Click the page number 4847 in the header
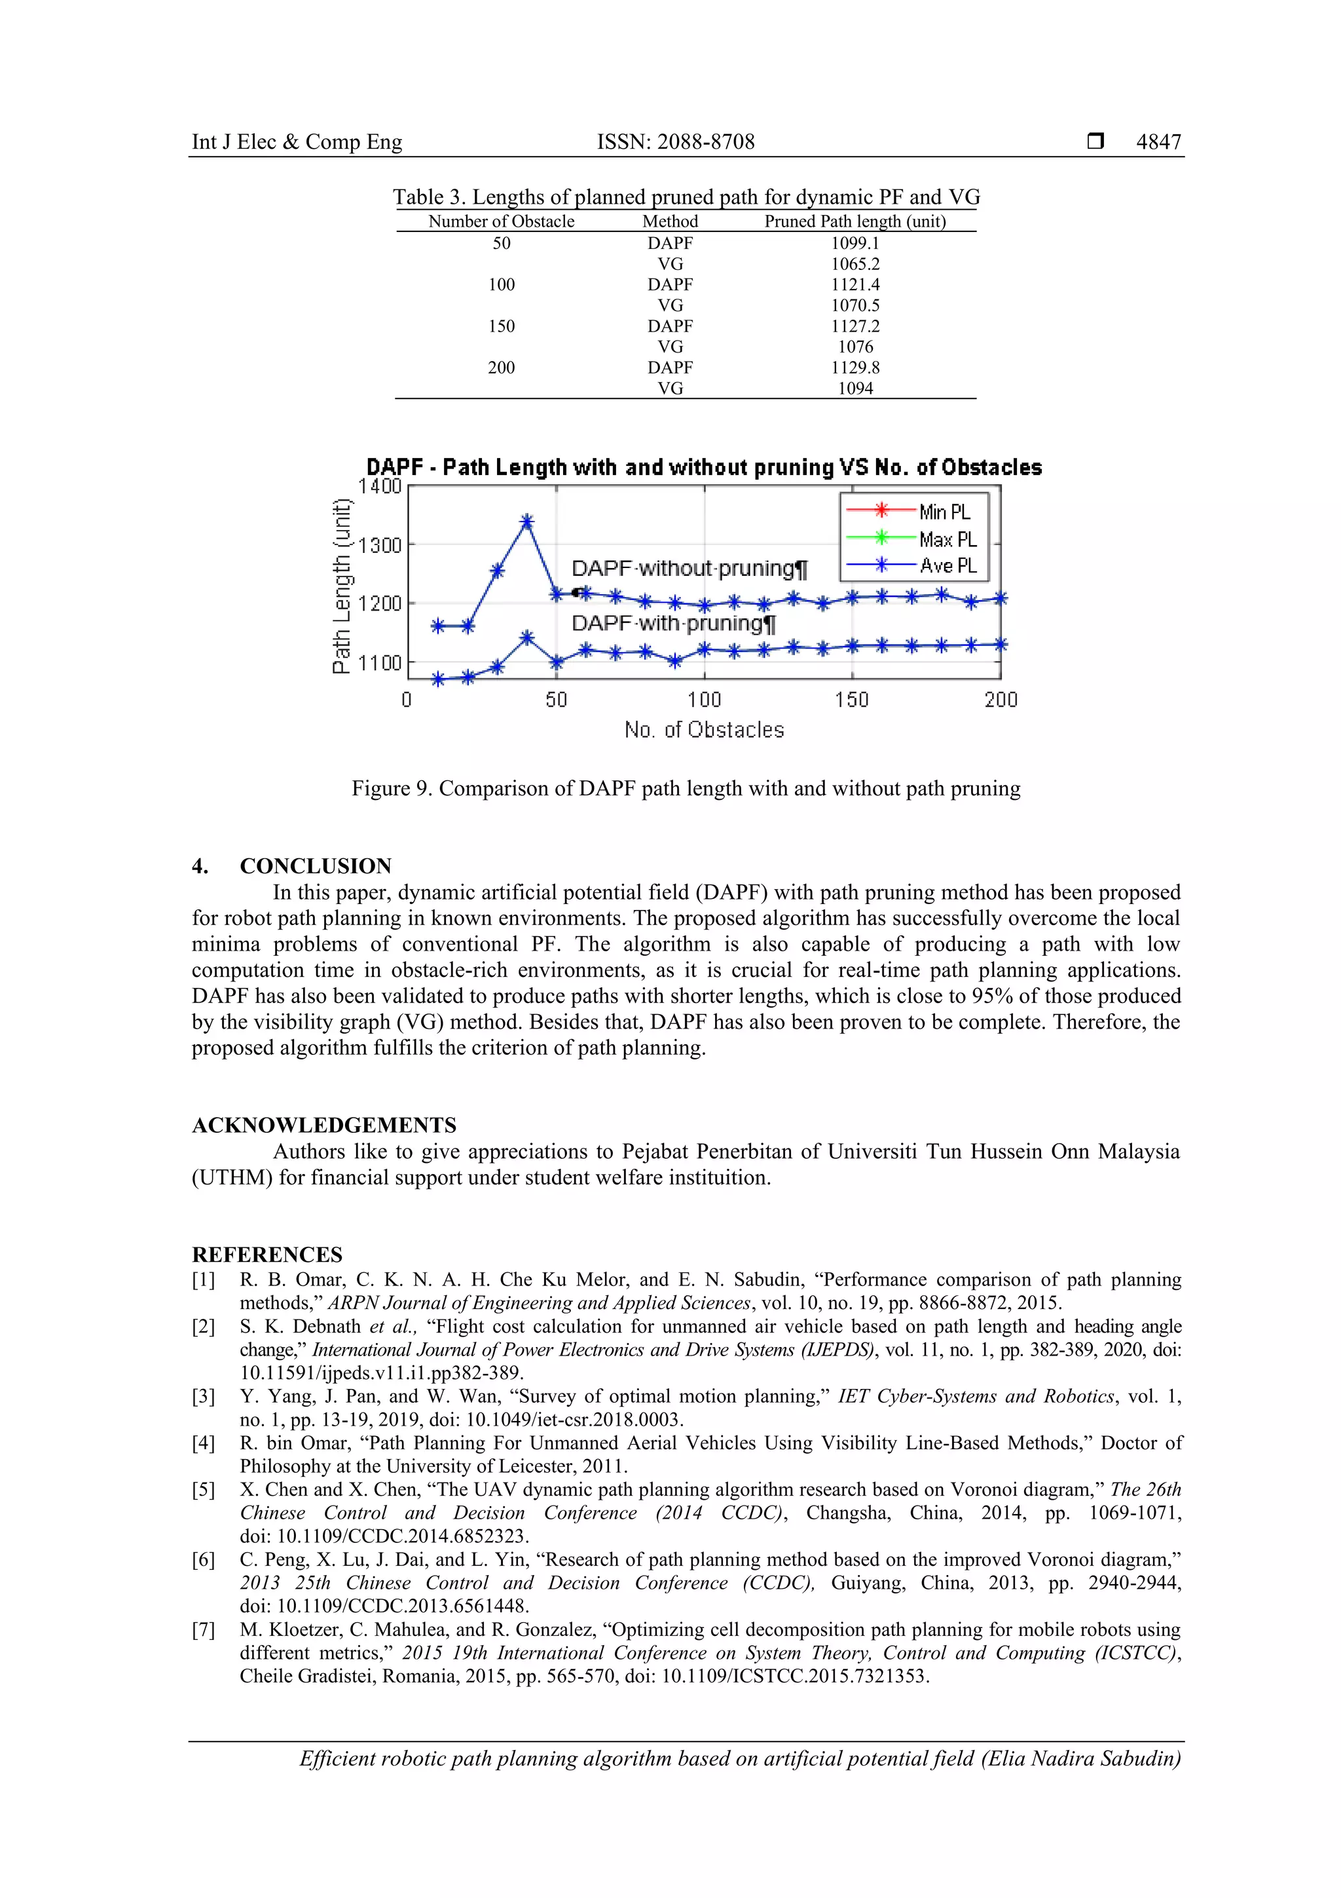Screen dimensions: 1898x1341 (1158, 142)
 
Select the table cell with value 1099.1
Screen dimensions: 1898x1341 (854, 243)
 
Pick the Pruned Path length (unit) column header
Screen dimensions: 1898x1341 (854, 221)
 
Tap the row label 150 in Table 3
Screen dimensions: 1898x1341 (501, 326)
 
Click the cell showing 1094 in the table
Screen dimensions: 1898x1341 (854, 389)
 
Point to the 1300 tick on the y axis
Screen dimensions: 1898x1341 (379, 544)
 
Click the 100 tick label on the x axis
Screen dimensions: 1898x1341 (704, 700)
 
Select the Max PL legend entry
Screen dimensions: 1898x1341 (947, 539)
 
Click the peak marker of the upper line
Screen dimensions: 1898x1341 (527, 522)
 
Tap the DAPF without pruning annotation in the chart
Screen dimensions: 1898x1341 (688, 569)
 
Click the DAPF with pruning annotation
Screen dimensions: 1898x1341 (672, 623)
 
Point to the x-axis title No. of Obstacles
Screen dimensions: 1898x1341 (704, 730)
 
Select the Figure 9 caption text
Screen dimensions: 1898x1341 (686, 789)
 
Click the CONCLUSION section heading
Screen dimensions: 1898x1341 (315, 865)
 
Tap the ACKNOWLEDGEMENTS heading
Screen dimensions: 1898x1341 (324, 1125)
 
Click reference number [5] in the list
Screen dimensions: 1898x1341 (203, 1490)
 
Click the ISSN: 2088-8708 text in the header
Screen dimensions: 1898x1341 (675, 142)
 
